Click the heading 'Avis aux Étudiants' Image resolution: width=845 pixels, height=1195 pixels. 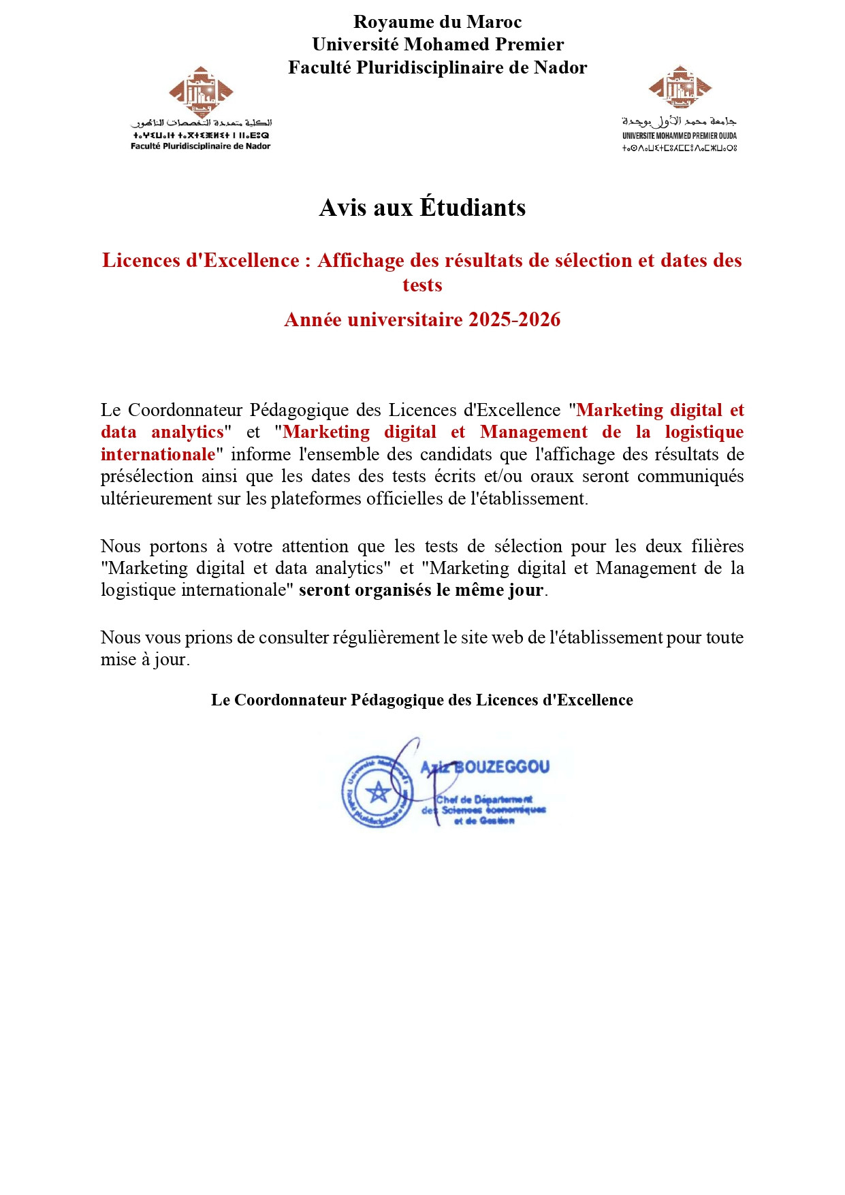tap(422, 208)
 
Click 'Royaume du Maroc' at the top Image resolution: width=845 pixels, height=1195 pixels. tap(437, 22)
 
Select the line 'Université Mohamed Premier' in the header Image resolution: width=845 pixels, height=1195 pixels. tap(437, 44)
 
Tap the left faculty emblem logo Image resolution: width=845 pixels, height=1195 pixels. tap(201, 91)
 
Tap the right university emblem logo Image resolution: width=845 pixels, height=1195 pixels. tap(680, 87)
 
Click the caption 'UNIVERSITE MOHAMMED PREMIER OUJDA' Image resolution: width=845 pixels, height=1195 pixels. tap(679, 136)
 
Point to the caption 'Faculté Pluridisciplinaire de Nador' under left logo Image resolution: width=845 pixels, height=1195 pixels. tap(200, 146)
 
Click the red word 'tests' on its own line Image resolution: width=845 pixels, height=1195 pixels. tap(422, 285)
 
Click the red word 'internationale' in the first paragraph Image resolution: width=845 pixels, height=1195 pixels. tap(158, 454)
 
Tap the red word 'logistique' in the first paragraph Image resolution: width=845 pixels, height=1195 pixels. tap(704, 432)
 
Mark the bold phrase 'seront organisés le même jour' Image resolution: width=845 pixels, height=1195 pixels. tap(421, 590)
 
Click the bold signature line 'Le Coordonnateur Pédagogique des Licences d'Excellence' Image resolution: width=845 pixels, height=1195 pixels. tap(421, 700)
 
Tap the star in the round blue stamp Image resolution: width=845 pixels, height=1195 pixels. tap(377, 792)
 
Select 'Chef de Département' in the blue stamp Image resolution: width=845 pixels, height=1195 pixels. tap(484, 799)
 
